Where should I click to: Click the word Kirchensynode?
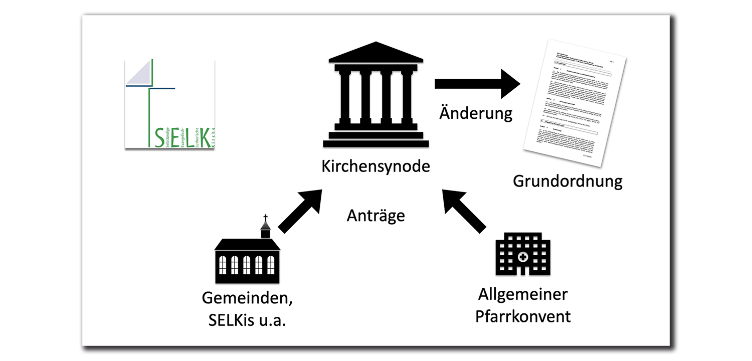pos(375,166)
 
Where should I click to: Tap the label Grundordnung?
pos(567,181)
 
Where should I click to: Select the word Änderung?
pos(476,113)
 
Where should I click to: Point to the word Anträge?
pos(375,216)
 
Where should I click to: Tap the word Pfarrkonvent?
pos(523,316)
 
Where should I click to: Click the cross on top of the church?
pos(265,219)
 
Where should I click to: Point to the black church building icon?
pos(247,258)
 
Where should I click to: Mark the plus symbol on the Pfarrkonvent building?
pos(523,257)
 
